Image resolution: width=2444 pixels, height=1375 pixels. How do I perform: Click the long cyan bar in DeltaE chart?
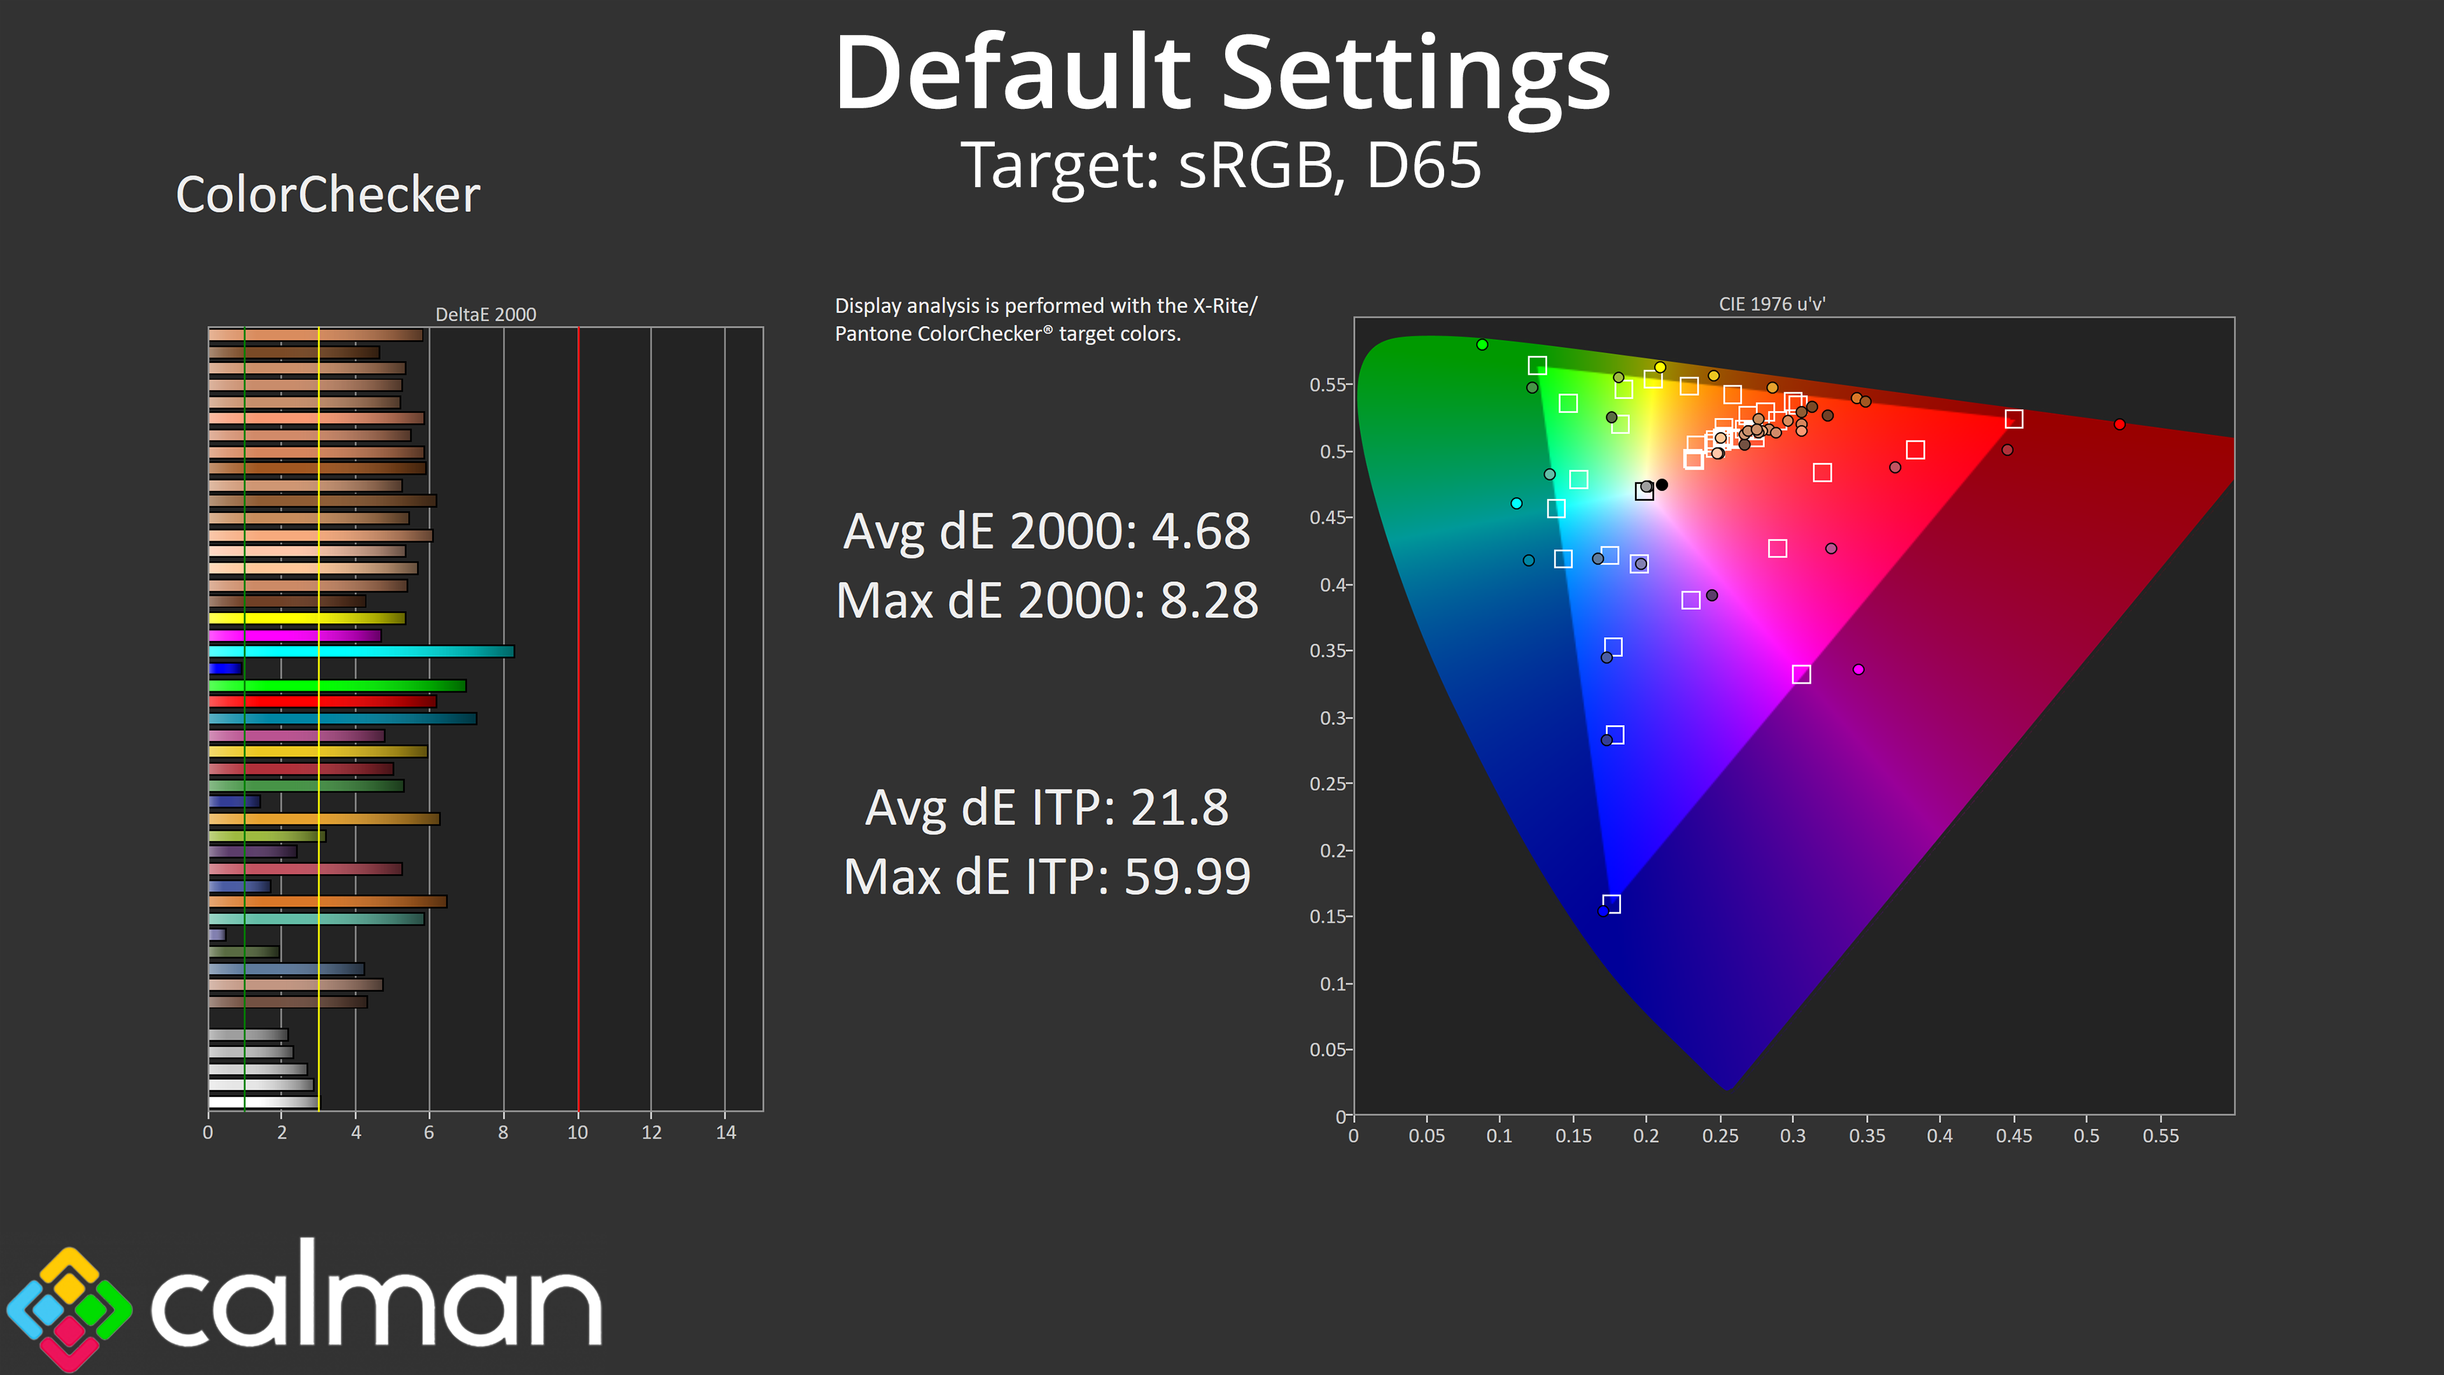coord(360,651)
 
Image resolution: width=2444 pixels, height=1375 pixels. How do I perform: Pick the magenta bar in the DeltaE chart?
coord(294,635)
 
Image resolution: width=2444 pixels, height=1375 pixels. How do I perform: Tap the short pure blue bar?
coord(225,668)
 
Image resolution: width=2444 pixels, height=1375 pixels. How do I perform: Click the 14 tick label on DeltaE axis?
coord(726,1132)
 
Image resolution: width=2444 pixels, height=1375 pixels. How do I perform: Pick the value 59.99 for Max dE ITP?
coord(1187,876)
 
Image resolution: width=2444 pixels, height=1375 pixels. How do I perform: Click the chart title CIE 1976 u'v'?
coord(1771,304)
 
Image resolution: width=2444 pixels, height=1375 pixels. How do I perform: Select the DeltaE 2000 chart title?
coord(485,314)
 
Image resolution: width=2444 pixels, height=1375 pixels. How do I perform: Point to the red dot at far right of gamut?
coord(2119,424)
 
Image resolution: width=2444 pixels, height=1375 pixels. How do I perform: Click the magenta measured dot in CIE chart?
coord(1858,669)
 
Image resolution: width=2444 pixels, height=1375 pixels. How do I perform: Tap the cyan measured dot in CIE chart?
coord(1515,503)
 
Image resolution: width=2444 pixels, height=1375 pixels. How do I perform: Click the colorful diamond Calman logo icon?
coord(69,1309)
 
